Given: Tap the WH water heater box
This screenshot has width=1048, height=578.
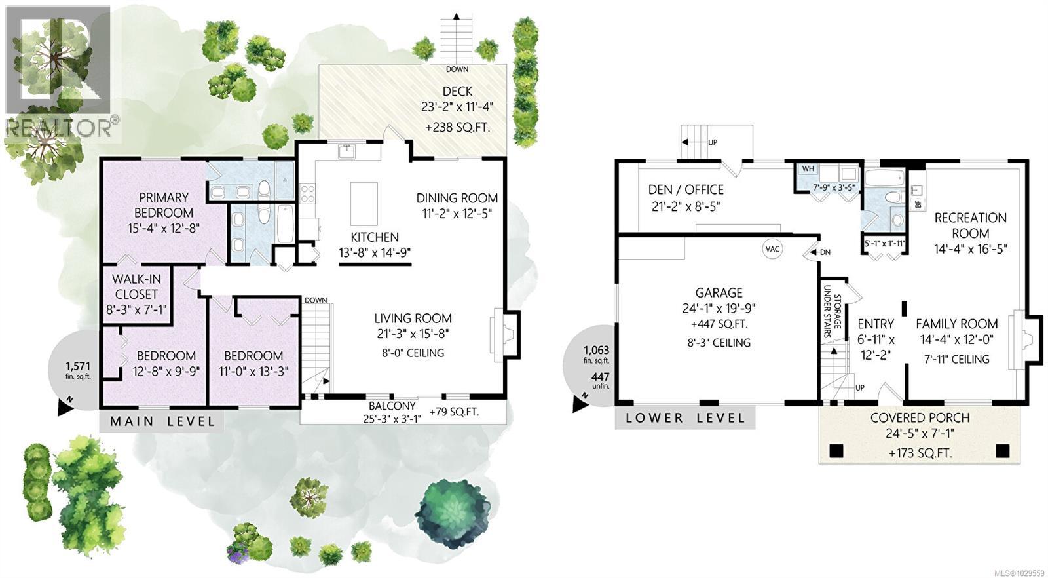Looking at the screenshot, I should point(808,169).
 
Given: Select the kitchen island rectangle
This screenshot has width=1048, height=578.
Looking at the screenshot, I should point(364,204).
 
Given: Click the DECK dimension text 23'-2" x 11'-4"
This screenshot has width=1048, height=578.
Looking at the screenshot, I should point(457,106).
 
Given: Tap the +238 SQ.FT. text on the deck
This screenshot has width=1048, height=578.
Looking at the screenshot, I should point(457,128).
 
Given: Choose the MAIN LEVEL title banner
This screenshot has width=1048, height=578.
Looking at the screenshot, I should point(162,421).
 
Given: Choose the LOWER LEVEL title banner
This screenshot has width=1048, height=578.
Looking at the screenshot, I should point(685,418).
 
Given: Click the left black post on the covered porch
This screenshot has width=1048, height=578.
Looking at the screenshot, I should point(836,452).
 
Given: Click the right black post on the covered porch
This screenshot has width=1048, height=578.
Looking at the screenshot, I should point(1002,452).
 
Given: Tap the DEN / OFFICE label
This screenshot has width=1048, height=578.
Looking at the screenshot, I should point(686,190).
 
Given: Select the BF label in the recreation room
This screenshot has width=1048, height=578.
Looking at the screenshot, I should point(918,204).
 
